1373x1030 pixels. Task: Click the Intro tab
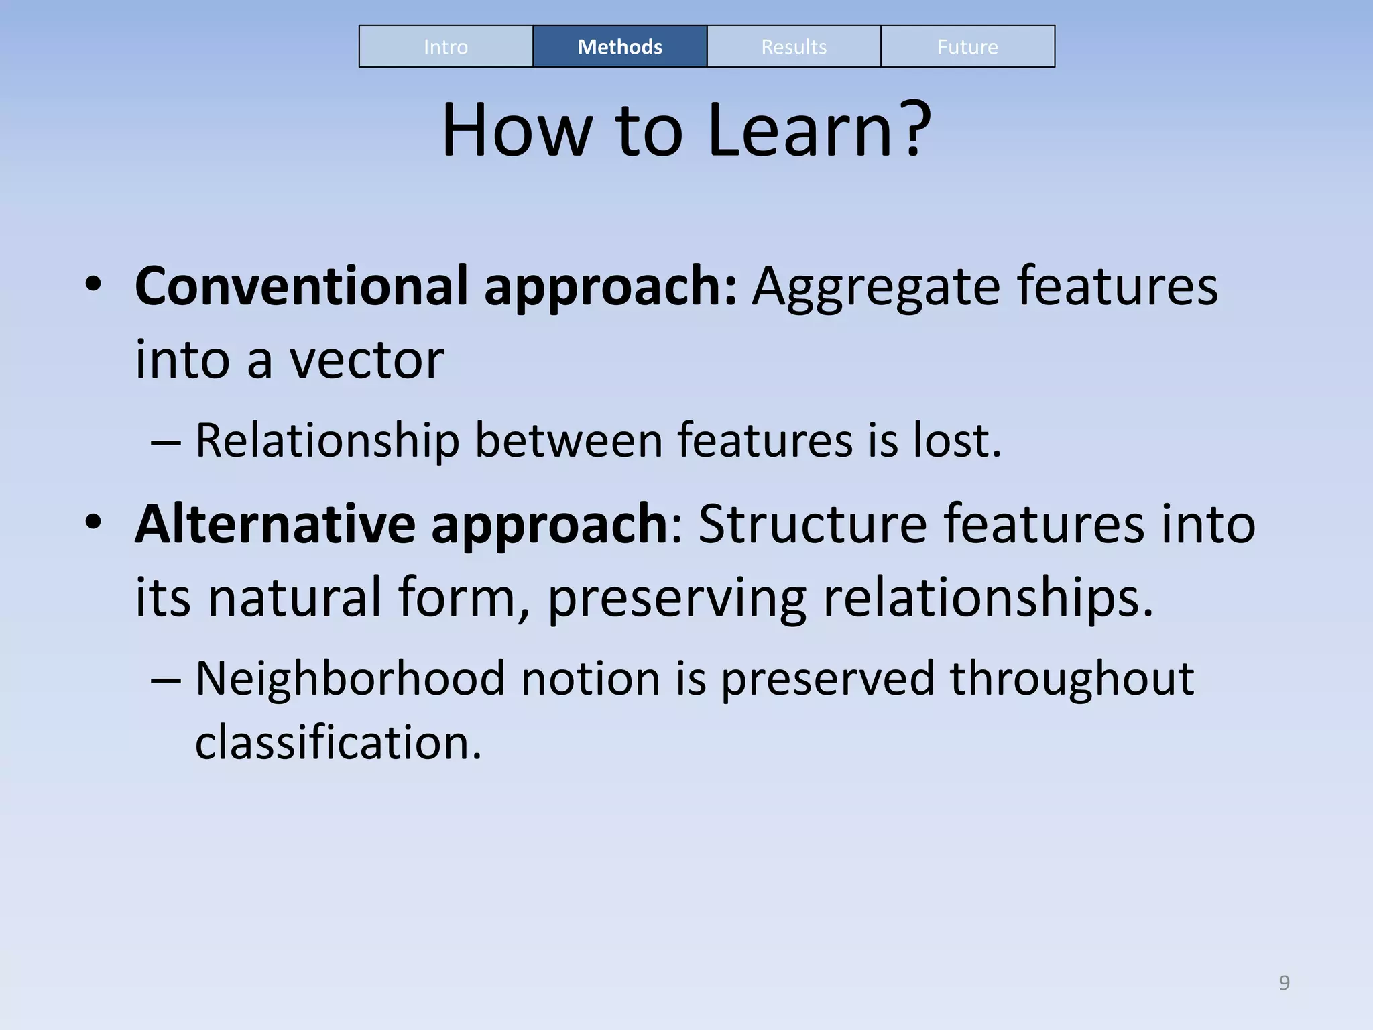tap(446, 47)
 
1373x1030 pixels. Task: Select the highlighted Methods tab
tap(619, 47)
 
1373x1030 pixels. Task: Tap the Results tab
tap(794, 47)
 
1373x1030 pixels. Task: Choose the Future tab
tap(967, 47)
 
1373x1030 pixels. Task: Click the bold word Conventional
tap(301, 286)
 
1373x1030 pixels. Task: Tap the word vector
tap(367, 360)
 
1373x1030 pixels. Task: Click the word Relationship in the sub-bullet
tap(327, 441)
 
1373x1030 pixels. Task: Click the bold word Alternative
tap(275, 524)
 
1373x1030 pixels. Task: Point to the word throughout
tap(1072, 679)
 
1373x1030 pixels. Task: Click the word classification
tap(338, 742)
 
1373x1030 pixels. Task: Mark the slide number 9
tap(1284, 982)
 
